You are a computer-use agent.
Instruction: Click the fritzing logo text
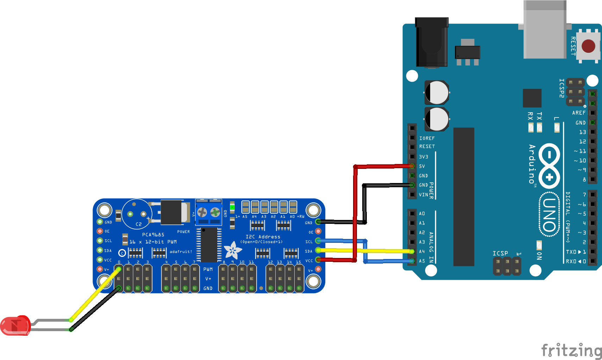pos(571,350)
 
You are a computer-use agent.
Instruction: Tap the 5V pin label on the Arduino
pos(422,166)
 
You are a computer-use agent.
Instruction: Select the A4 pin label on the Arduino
pos(422,251)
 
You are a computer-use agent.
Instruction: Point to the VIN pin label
pos(423,195)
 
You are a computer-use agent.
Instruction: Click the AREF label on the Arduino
pos(579,113)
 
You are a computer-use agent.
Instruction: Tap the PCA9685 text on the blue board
pos(153,235)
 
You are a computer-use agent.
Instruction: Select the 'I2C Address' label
pos(263,237)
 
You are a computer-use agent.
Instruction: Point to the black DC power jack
pos(432,42)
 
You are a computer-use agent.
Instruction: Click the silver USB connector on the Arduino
pos(545,30)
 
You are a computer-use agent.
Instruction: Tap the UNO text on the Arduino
pos(550,215)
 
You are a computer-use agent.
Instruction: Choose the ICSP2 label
pos(562,88)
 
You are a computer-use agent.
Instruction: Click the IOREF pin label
pos(427,138)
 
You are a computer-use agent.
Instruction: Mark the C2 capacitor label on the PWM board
pos(139,224)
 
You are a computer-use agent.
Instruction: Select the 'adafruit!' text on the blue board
pos(181,252)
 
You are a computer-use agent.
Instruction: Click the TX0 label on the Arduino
pos(571,252)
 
